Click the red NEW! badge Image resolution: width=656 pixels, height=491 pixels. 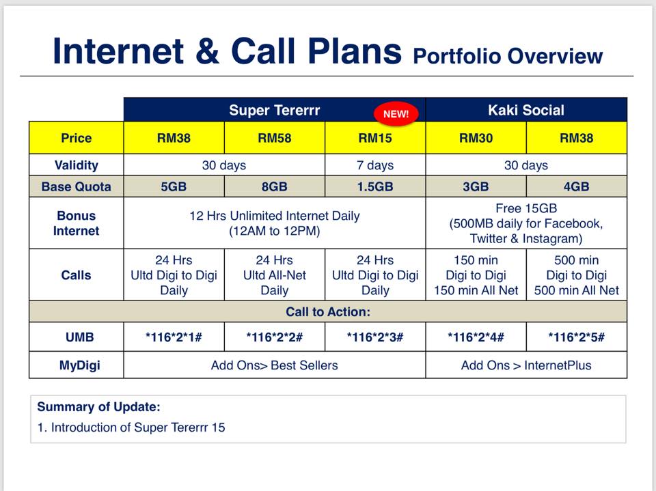[x=396, y=114]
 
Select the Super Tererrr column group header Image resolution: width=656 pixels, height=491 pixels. [x=275, y=110]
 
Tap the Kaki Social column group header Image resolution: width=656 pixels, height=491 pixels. [x=526, y=110]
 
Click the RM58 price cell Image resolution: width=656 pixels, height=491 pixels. [x=275, y=138]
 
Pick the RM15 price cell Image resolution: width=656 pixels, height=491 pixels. [x=375, y=138]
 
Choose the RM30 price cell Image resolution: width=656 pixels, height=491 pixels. [x=476, y=138]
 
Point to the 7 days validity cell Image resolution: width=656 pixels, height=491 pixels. [x=375, y=165]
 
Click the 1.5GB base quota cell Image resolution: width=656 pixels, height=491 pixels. [x=375, y=186]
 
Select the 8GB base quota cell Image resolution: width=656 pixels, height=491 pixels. [x=275, y=186]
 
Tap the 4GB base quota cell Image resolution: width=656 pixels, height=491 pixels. [x=577, y=186]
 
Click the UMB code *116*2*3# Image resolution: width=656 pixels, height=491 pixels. [x=375, y=337]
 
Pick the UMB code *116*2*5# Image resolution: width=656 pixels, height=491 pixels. [x=577, y=337]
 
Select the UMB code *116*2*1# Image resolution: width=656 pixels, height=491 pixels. [x=174, y=337]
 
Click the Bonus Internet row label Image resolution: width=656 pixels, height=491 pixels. [x=76, y=223]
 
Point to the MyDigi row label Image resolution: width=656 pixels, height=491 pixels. [x=79, y=365]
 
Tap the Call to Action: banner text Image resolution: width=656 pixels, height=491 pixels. [x=328, y=311]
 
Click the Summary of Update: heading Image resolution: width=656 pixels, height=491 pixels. [x=98, y=406]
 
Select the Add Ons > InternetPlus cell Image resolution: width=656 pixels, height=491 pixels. [x=526, y=365]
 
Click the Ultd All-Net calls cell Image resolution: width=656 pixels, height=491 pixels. [x=275, y=275]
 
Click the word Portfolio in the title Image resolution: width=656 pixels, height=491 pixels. [x=456, y=56]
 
